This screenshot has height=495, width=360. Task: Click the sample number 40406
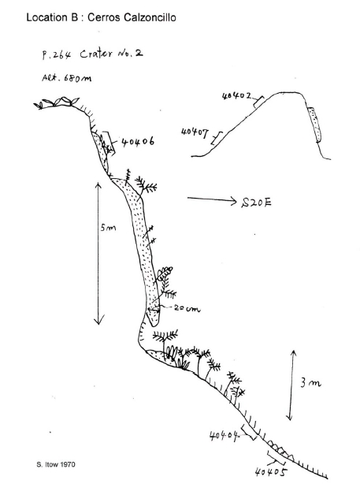pyautogui.click(x=138, y=142)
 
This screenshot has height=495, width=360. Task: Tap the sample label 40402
pyautogui.click(x=237, y=95)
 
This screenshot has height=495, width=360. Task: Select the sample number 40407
pyautogui.click(x=195, y=132)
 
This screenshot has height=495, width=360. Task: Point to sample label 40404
pyautogui.click(x=224, y=436)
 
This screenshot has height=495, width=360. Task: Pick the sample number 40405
pyautogui.click(x=271, y=472)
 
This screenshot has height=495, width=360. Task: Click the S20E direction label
pyautogui.click(x=256, y=203)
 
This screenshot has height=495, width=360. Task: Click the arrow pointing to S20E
pyautogui.click(x=212, y=199)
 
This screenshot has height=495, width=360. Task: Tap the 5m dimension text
pyautogui.click(x=108, y=228)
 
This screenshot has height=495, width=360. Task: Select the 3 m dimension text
pyautogui.click(x=310, y=383)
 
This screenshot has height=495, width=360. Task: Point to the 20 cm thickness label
pyautogui.click(x=187, y=308)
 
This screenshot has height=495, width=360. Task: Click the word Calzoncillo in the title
pyautogui.click(x=150, y=17)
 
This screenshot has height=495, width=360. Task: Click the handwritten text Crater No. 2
pyautogui.click(x=111, y=54)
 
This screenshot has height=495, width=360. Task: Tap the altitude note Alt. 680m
pyautogui.click(x=67, y=77)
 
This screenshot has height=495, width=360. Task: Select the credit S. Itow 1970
pyautogui.click(x=56, y=465)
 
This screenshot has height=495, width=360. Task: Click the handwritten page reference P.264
pyautogui.click(x=57, y=55)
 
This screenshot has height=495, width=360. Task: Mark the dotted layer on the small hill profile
pyautogui.click(x=314, y=124)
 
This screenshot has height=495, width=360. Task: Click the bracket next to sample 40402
pyautogui.click(x=258, y=102)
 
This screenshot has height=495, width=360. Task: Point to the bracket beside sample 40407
pyautogui.click(x=216, y=138)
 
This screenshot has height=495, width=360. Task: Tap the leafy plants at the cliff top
pyautogui.click(x=58, y=102)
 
